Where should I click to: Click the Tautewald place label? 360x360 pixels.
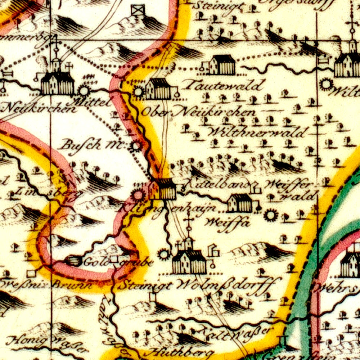[223, 86]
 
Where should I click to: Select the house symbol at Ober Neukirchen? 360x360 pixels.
[158, 89]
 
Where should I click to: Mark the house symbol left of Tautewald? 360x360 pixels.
[222, 65]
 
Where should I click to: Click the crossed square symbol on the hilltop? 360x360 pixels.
[138, 10]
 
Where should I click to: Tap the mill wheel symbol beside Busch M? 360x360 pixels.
[136, 147]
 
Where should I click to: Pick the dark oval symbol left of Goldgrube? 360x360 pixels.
[74, 261]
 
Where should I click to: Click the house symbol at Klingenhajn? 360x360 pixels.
[164, 189]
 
